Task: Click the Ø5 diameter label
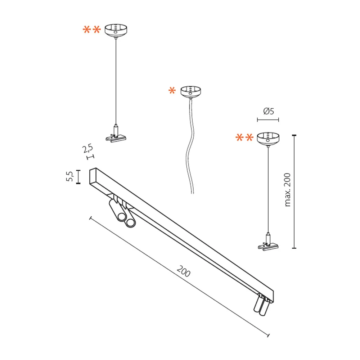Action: pos(268,111)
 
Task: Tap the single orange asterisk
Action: pos(172,91)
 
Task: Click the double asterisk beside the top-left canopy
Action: pos(91,30)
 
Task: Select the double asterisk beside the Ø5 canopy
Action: pos(244,138)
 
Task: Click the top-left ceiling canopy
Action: pos(116,30)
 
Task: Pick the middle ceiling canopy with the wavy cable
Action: pos(190,91)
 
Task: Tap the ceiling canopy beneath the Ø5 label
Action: pos(268,139)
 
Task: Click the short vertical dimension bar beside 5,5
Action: pos(78,177)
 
